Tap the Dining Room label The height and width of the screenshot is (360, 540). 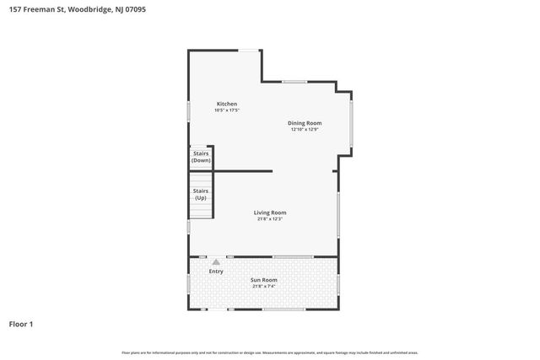click(305, 123)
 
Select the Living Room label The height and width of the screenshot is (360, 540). click(270, 212)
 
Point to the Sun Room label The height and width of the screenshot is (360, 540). click(264, 280)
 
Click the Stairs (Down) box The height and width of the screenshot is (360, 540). click(201, 157)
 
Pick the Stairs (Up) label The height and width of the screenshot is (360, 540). click(201, 194)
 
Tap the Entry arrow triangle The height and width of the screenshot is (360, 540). click(216, 262)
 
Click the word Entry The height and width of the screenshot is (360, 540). click(216, 271)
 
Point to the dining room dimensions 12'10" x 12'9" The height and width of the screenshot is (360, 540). click(305, 130)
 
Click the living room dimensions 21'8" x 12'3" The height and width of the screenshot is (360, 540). click(270, 219)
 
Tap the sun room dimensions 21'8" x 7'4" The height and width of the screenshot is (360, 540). click(264, 287)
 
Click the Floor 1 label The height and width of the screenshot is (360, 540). click(21, 324)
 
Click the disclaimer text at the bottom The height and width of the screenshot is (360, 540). click(270, 352)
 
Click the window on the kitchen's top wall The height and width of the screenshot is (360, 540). click(249, 51)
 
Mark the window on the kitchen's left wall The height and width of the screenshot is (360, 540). click(188, 110)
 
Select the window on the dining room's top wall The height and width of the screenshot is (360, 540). click(294, 82)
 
